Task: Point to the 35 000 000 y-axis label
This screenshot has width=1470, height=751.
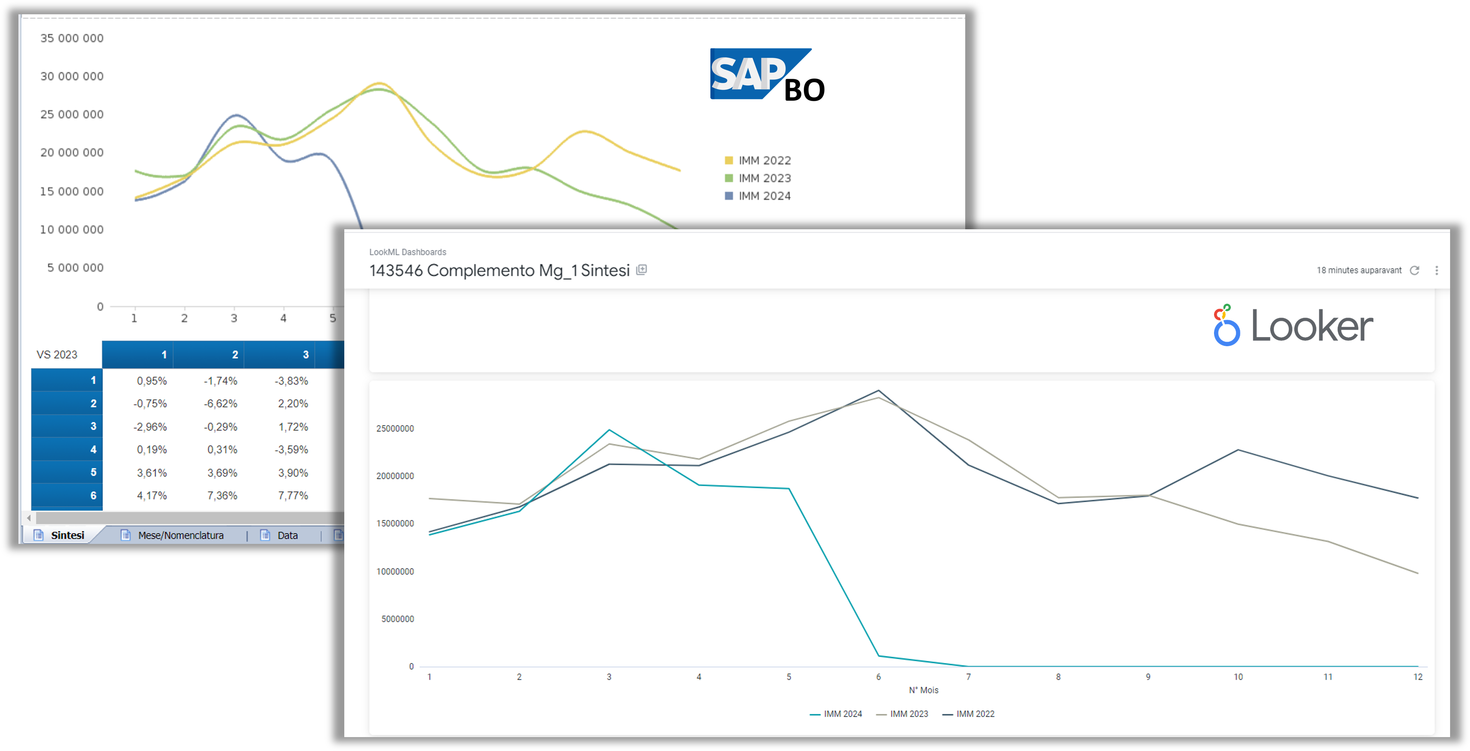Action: [x=72, y=38]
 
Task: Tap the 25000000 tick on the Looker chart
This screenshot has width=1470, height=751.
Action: [x=395, y=428]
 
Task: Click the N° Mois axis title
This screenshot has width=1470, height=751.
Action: [x=923, y=690]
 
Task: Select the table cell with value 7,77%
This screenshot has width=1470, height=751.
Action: [x=293, y=495]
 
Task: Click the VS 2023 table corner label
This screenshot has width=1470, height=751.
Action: [x=57, y=354]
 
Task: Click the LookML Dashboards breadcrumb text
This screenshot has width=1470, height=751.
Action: [x=407, y=252]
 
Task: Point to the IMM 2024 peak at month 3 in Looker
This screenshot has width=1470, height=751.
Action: [x=609, y=430]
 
